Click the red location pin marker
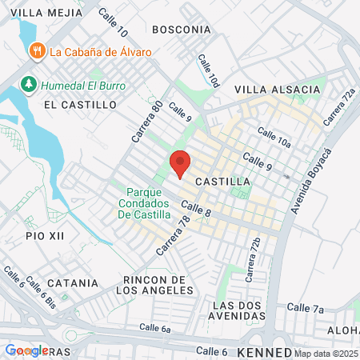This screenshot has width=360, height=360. coord(180,162)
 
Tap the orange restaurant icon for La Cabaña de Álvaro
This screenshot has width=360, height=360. coord(36,52)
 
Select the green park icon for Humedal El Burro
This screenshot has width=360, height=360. coord(28,83)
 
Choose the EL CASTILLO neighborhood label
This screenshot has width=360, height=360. coord(80,105)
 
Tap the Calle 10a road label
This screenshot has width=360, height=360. coord(274,137)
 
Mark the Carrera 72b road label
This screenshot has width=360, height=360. coord(254,260)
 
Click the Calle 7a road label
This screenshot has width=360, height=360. coord(305,308)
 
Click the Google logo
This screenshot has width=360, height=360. coord(26,350)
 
